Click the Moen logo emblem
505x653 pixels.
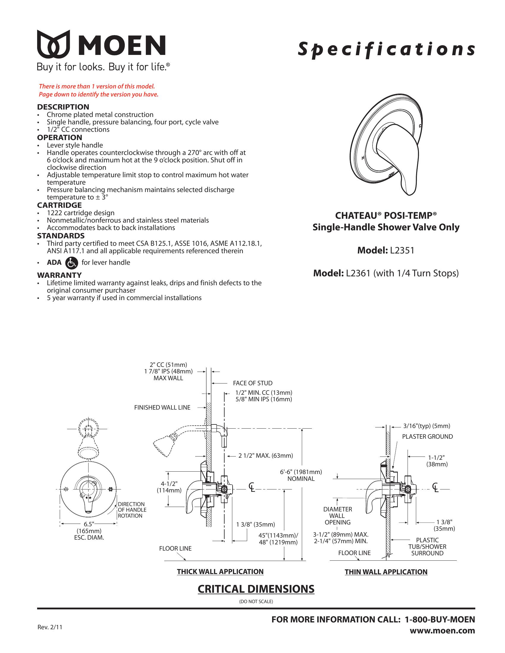(53, 44)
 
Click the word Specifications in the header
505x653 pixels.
(386, 49)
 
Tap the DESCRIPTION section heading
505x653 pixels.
(63, 107)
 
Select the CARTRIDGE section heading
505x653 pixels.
(59, 205)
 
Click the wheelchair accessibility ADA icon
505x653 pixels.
(71, 262)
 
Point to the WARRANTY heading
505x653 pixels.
(59, 275)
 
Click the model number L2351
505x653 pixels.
(402, 250)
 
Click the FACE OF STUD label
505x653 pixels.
(252, 383)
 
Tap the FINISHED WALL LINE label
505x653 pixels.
(162, 407)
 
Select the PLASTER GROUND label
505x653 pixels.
(427, 437)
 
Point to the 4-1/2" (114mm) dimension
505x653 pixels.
(169, 487)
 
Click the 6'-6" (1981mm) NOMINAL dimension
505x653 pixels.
(301, 475)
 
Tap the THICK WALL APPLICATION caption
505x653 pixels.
(220, 571)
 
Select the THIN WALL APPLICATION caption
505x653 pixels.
(386, 572)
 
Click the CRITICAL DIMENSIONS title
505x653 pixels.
(256, 589)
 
